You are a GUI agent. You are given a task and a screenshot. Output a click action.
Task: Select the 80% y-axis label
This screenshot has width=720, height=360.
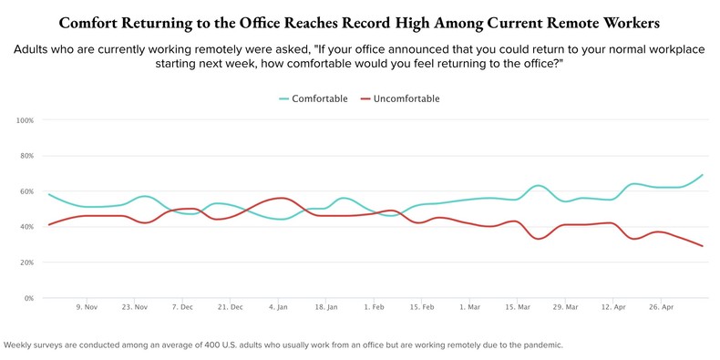coord(26,156)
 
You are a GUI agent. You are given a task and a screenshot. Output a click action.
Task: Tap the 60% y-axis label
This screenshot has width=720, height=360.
coord(26,191)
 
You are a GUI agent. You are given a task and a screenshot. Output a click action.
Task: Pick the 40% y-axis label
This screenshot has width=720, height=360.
coord(26,227)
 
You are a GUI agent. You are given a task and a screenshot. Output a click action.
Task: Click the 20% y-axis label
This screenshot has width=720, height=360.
coord(26,262)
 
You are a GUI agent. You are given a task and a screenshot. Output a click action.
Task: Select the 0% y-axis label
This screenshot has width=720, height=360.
coord(28,298)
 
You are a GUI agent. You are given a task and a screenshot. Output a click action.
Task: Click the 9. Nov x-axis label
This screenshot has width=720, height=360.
coord(87,308)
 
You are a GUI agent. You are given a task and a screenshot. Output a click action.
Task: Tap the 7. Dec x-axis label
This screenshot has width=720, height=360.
coord(183,308)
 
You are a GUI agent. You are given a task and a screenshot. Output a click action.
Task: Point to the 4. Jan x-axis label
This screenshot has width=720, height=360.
coord(279,308)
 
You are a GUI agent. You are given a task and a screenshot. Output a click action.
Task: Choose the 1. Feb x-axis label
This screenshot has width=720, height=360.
coord(375,308)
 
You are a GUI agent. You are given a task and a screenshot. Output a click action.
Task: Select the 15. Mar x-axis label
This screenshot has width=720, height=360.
coord(518,308)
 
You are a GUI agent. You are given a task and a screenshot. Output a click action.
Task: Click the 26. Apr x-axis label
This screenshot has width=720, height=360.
coord(662,308)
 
